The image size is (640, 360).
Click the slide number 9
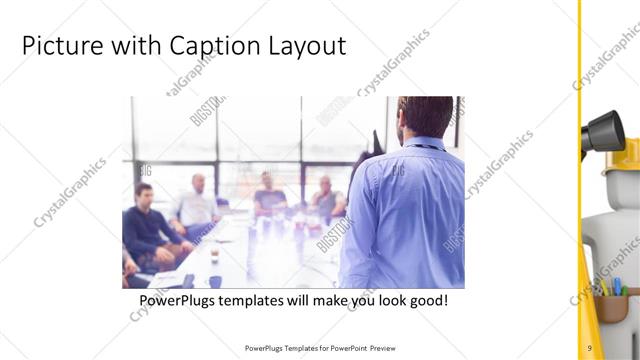590,347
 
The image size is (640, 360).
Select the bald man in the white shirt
196,204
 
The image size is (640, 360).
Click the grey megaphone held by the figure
604,130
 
